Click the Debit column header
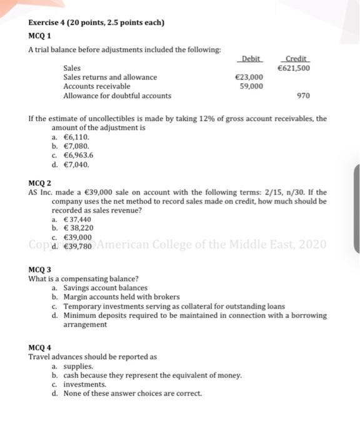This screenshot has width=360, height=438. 251,58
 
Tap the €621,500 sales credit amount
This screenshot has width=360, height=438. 294,68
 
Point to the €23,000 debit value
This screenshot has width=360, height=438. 248,77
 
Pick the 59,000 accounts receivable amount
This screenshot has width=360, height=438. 251,86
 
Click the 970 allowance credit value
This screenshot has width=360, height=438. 304,96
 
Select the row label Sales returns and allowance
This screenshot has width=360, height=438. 110,77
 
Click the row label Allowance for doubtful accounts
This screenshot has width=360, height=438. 117,96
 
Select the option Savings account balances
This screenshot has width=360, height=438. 105,288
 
